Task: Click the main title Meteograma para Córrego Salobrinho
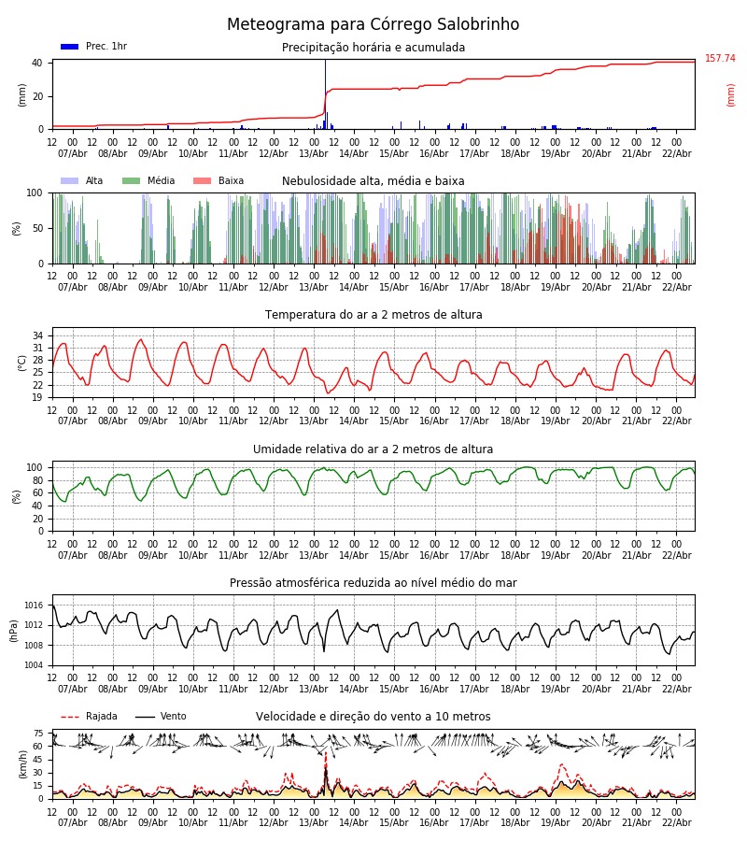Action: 373,24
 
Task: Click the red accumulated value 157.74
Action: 720,59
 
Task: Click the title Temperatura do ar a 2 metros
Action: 373,315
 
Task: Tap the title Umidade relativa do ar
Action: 373,449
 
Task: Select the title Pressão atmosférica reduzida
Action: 373,583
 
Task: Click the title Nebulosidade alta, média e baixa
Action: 373,181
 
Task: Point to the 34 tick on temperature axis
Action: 37,335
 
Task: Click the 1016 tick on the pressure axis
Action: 34,606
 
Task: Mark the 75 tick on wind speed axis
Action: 38,734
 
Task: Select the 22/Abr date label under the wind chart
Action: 676,822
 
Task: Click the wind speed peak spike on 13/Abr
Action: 326,771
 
